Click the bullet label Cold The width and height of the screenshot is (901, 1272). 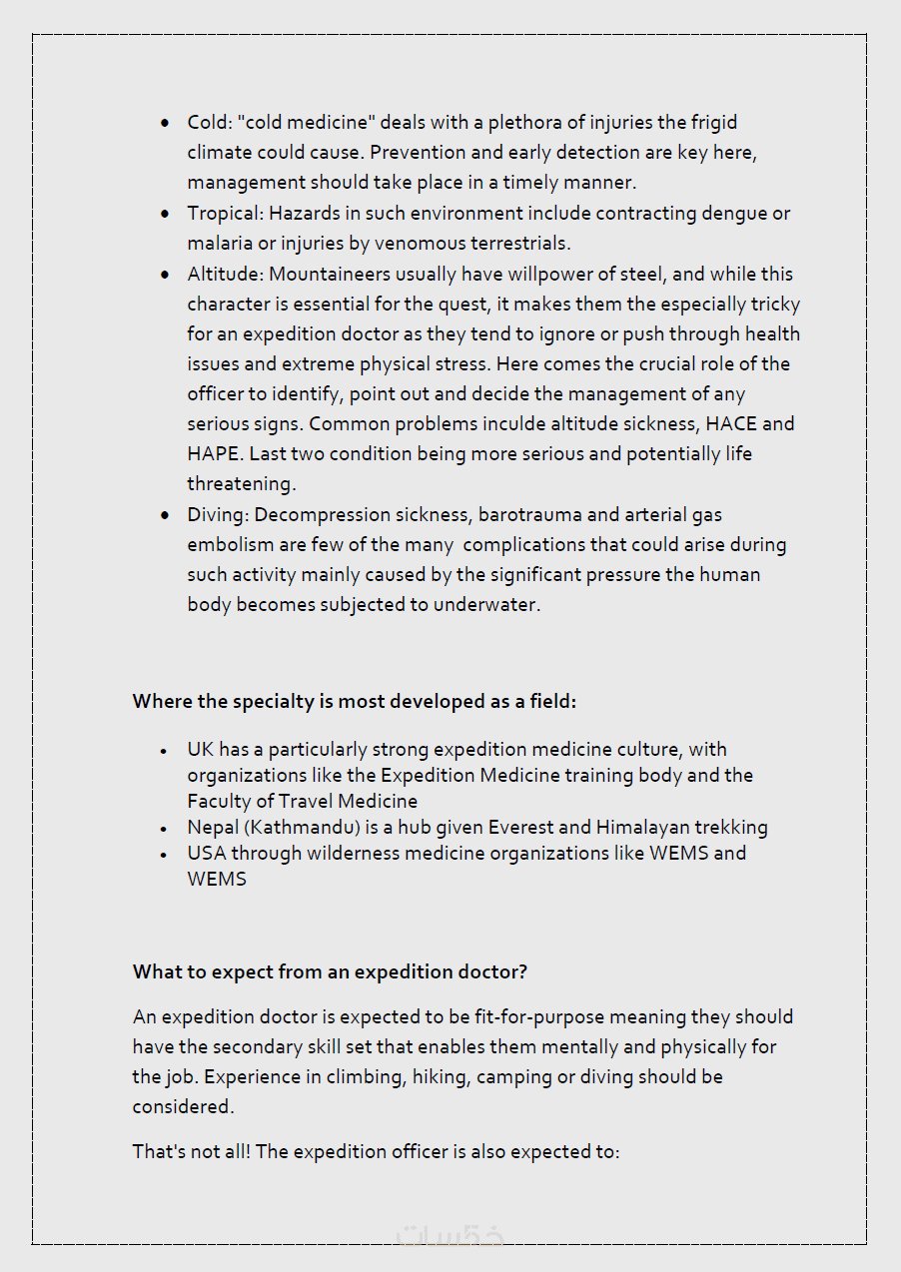(x=208, y=123)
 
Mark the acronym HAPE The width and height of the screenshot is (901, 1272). (x=212, y=454)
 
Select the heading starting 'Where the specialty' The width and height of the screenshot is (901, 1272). (x=355, y=702)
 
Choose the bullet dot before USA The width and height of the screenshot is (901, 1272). (x=165, y=855)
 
